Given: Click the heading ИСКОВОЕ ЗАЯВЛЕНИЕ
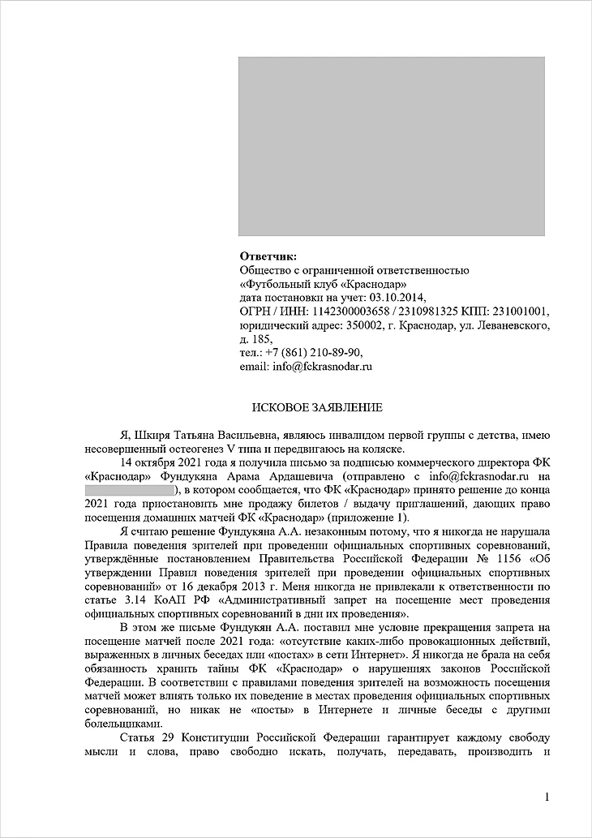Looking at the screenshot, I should click(316, 406).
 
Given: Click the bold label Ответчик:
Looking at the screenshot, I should click(268, 256).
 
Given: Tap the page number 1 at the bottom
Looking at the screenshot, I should click(548, 797).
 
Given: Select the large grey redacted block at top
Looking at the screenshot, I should click(391, 146).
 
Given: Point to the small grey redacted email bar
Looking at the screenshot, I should click(131, 491).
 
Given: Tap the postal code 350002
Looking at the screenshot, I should click(364, 325).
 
